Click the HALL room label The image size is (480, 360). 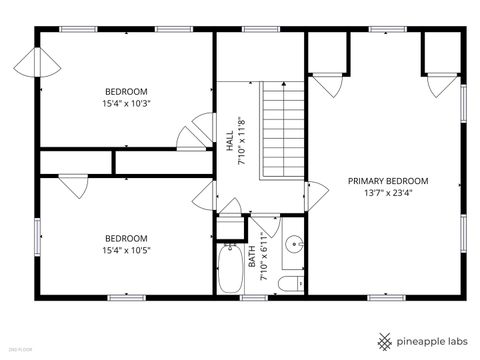(229, 139)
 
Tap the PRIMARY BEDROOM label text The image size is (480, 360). (387, 181)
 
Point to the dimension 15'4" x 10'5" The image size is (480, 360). (127, 250)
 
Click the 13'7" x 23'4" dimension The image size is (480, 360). (387, 194)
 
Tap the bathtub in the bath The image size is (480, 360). (229, 270)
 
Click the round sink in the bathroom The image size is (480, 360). (294, 244)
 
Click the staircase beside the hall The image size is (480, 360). (282, 131)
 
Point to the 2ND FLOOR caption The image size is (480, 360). (20, 349)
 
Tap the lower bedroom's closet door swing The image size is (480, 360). (72, 186)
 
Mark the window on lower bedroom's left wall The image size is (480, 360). (38, 237)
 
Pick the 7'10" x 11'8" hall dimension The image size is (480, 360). (240, 139)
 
